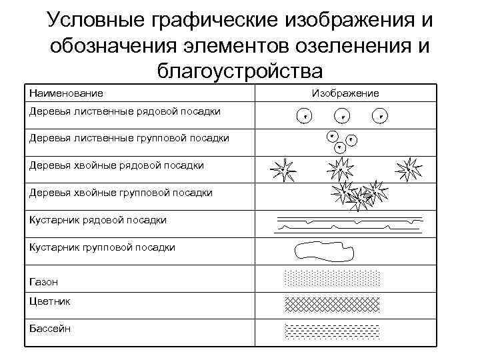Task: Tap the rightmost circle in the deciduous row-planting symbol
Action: [x=380, y=116]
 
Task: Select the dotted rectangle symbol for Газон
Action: [x=332, y=279]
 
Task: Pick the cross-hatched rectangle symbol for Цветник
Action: [x=332, y=304]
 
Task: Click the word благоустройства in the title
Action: [x=240, y=70]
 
